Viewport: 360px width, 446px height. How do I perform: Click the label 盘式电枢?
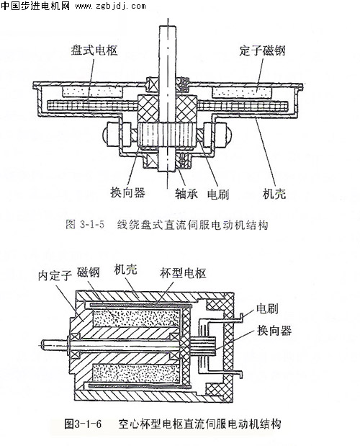click(94, 50)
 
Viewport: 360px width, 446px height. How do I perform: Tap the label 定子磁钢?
click(262, 50)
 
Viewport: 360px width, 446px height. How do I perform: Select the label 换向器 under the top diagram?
click(128, 192)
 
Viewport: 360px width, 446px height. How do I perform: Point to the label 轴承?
click(186, 194)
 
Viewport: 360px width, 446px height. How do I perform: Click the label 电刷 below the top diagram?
click(218, 195)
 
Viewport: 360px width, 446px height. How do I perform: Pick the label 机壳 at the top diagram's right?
click(274, 194)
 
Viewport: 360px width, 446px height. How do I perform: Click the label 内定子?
click(55, 275)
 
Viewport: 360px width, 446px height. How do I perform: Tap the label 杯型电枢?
click(183, 273)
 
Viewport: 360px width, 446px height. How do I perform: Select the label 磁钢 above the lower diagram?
click(89, 272)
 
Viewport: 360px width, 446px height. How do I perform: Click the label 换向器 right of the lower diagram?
click(274, 331)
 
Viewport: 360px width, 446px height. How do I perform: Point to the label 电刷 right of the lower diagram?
click(267, 308)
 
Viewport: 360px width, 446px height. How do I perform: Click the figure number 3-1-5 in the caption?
click(92, 225)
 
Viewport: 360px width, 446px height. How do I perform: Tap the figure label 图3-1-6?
click(83, 424)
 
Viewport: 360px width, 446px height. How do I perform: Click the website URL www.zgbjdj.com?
click(110, 6)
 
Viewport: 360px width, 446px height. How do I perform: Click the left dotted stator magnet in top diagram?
click(93, 92)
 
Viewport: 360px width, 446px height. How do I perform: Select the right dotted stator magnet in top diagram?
click(242, 92)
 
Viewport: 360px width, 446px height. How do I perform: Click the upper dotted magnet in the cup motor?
click(136, 318)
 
